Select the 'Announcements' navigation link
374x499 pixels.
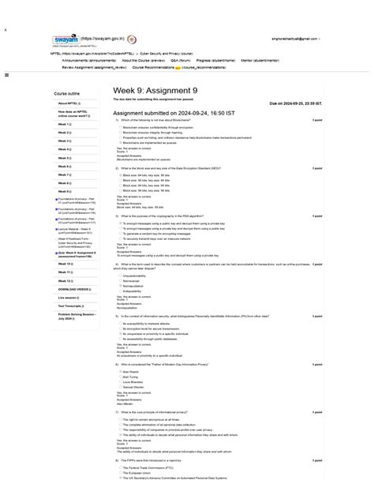(x=89, y=60)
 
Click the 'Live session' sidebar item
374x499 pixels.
(x=68, y=298)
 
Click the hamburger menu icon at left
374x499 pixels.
(x=6, y=75)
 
